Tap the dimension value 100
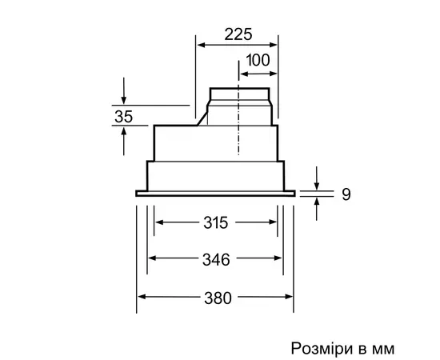click(x=257, y=60)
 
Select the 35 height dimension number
click(x=123, y=116)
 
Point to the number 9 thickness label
click(x=346, y=194)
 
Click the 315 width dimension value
click(x=216, y=223)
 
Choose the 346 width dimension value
click(x=216, y=259)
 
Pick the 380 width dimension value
click(x=216, y=298)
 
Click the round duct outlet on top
click(x=242, y=102)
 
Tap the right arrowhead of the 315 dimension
click(x=274, y=223)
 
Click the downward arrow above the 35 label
click(x=123, y=94)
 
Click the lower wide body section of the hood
click(x=216, y=174)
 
